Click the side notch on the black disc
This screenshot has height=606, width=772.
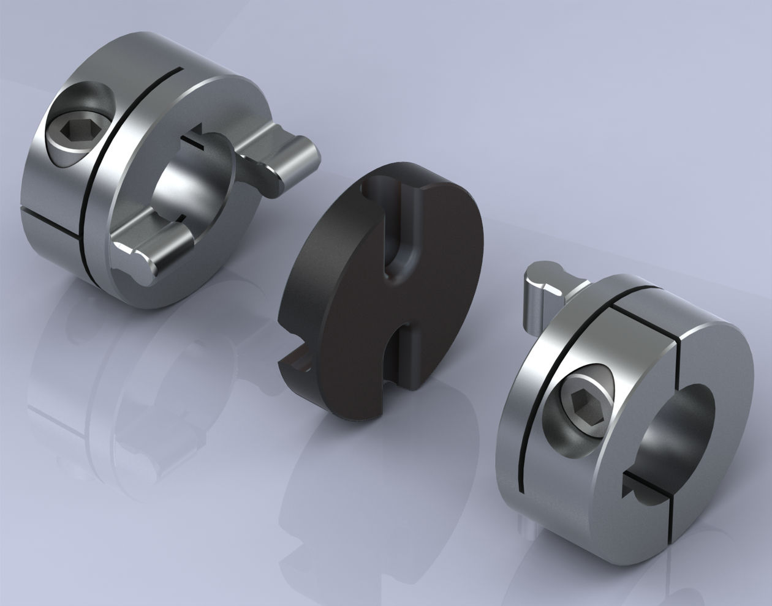click(x=298, y=365)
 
